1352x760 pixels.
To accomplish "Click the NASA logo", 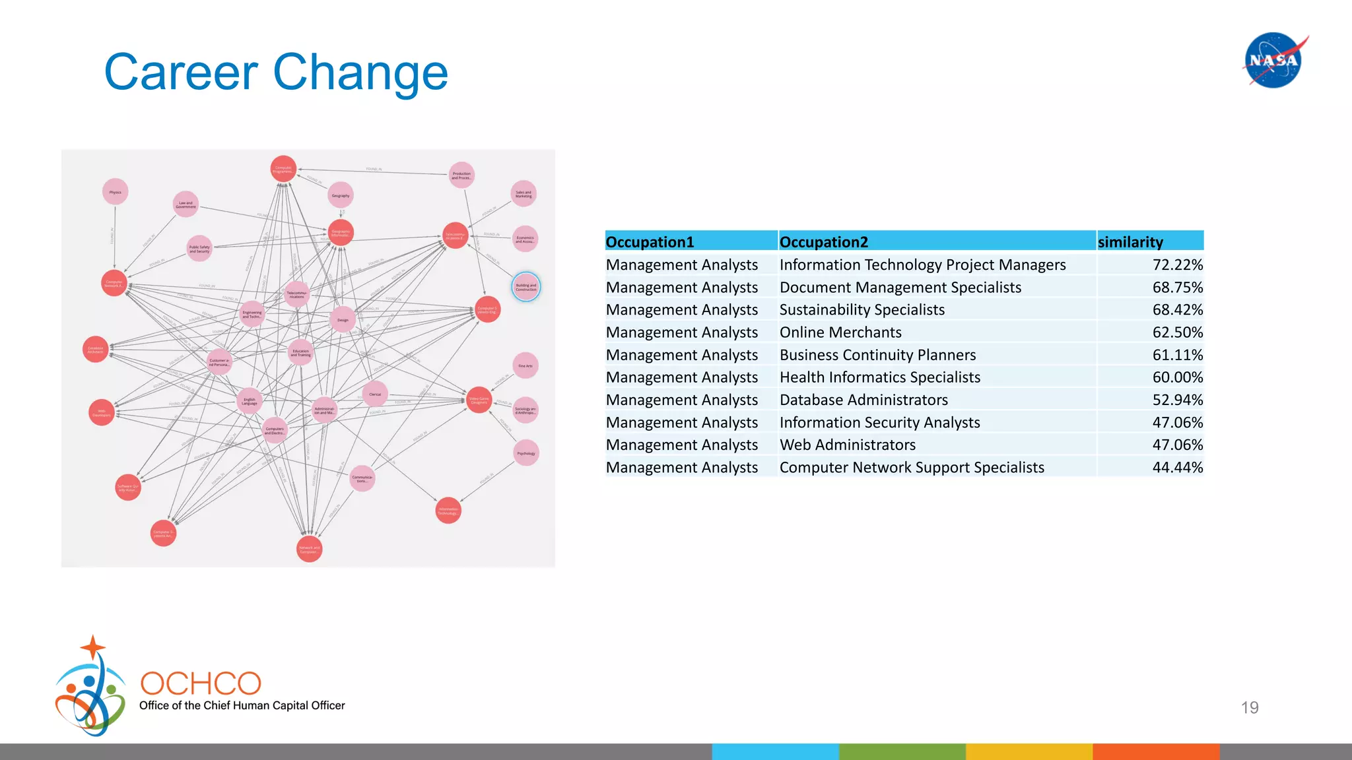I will (1273, 60).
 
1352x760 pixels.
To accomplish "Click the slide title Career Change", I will (276, 72).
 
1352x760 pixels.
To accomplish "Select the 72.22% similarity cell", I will (1177, 265).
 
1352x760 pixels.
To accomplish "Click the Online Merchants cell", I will (840, 332).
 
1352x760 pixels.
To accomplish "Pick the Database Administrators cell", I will (863, 400).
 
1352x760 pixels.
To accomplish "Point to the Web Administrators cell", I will (848, 445).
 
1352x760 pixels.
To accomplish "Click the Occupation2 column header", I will (823, 241).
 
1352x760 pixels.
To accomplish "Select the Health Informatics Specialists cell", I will (879, 377).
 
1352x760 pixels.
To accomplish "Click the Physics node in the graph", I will (116, 192).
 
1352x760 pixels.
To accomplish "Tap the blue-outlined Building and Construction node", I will (526, 287).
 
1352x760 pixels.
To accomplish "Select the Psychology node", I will (526, 453).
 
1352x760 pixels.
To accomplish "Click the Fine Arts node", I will (525, 365).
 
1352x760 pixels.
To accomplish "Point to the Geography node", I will (341, 195).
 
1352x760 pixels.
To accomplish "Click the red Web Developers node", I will (102, 412).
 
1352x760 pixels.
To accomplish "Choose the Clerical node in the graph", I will (375, 394).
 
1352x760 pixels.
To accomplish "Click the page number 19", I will (1249, 707).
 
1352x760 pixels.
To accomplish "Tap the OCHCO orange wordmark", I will (201, 683).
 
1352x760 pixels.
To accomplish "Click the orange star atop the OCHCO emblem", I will (93, 647).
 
